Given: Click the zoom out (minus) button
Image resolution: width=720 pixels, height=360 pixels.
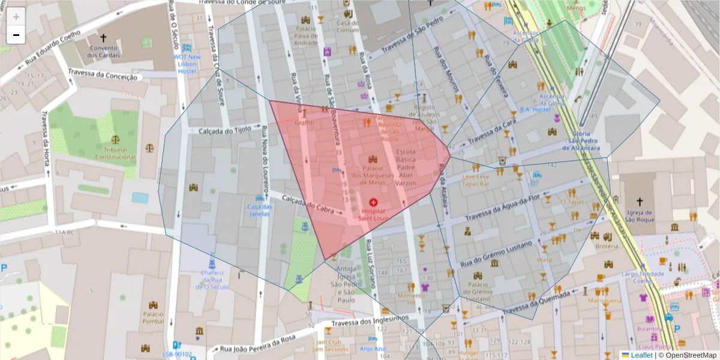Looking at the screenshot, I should [x=16, y=35].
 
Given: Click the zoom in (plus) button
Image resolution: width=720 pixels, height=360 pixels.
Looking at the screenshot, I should [x=16, y=17].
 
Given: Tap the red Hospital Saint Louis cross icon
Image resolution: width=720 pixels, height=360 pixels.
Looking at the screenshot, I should [x=374, y=203].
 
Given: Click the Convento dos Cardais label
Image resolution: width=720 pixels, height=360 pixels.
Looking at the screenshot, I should [x=103, y=52].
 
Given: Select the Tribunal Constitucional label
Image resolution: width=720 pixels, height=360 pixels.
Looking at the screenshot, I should [x=115, y=153].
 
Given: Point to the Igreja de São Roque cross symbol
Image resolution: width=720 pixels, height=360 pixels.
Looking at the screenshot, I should [x=639, y=202].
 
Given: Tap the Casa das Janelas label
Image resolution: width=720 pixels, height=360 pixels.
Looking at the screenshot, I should [x=260, y=211].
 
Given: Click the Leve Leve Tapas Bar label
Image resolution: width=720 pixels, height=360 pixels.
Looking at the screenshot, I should [x=475, y=181].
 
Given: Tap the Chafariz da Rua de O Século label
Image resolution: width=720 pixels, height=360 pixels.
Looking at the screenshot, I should [x=212, y=280].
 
